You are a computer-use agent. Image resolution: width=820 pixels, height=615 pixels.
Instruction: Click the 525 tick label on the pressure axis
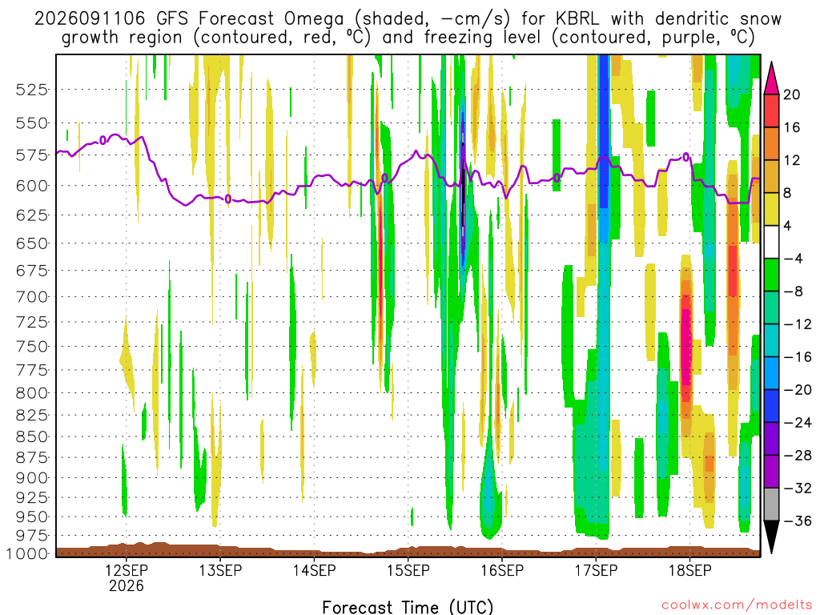(31, 90)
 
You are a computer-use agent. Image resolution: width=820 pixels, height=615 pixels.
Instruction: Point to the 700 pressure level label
(31, 296)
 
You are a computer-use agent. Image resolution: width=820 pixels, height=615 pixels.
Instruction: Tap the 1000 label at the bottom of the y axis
(27, 553)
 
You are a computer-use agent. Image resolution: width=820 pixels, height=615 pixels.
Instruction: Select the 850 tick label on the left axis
(31, 436)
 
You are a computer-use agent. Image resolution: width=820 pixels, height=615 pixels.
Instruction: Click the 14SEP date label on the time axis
(314, 570)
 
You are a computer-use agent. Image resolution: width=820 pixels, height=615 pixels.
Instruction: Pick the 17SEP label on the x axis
(596, 570)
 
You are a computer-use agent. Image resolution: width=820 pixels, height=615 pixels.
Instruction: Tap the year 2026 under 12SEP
(126, 585)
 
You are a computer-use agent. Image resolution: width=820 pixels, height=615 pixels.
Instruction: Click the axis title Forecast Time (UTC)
(408, 607)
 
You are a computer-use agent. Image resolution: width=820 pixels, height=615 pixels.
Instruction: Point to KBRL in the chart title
(578, 18)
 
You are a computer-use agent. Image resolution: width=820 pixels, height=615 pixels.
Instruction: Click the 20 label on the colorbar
(792, 94)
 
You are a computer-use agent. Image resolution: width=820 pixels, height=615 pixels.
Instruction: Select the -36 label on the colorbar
(798, 521)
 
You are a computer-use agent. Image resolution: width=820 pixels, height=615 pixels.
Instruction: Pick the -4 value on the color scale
(793, 259)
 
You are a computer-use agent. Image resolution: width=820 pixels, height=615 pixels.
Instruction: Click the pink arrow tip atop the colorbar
(771, 62)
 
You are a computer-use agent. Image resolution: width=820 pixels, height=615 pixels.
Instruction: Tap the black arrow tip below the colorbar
(771, 553)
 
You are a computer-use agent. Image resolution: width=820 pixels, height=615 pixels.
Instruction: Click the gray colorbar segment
(771, 504)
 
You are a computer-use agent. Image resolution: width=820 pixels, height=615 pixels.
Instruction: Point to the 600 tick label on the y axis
(31, 186)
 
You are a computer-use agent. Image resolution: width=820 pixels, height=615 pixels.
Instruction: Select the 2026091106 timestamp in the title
(90, 19)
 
